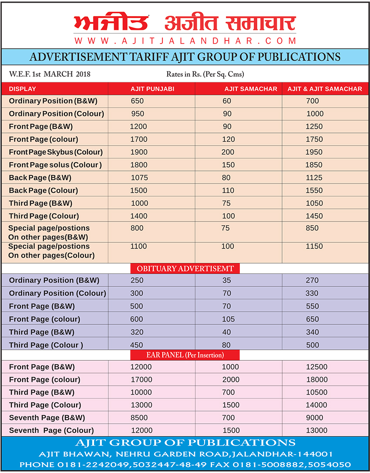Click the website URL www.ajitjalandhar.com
tap(185, 40)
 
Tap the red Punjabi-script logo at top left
tap(111, 23)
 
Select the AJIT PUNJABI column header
tap(152, 89)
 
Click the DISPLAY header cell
tap(23, 89)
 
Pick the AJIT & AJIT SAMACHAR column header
tap(325, 89)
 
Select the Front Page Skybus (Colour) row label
tap(56, 152)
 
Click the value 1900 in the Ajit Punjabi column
tap(139, 152)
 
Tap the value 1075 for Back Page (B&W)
tap(139, 177)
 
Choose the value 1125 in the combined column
tap(314, 177)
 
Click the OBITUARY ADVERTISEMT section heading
tap(185, 269)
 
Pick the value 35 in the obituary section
tap(226, 280)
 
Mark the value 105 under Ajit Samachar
tap(228, 319)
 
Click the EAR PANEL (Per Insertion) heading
tap(185, 355)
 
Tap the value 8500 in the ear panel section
tap(139, 418)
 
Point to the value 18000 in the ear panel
tap(316, 379)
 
